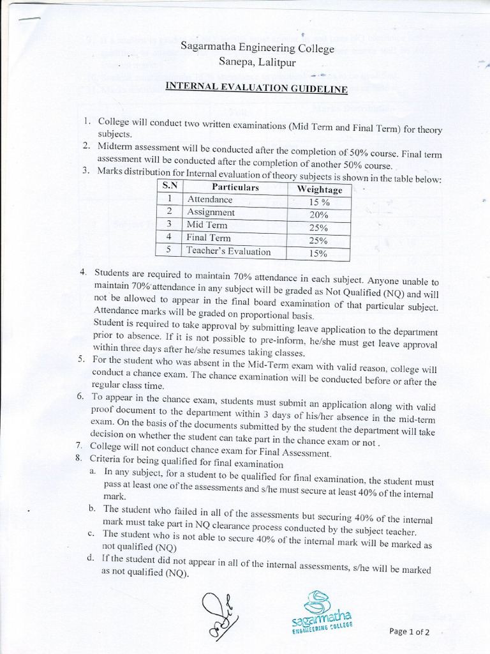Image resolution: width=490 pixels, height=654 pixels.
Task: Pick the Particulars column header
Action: click(x=235, y=187)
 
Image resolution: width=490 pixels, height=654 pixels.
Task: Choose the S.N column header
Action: click(x=170, y=186)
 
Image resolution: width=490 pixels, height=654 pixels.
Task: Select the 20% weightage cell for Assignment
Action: click(x=318, y=215)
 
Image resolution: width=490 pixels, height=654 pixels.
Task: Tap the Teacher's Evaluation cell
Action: click(x=228, y=251)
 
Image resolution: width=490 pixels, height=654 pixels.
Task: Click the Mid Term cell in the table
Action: click(x=207, y=225)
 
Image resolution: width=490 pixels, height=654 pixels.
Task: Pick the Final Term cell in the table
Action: click(x=209, y=238)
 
